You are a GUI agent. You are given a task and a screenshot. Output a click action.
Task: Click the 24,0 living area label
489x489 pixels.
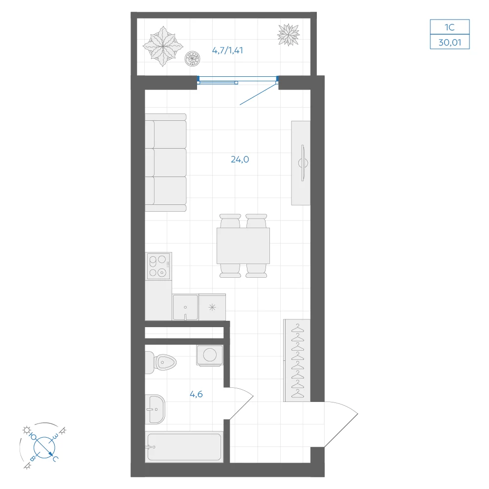(x=240, y=159)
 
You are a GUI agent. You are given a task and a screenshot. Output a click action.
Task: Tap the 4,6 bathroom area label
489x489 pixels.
(x=196, y=394)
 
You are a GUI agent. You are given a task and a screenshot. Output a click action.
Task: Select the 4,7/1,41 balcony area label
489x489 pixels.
(x=227, y=50)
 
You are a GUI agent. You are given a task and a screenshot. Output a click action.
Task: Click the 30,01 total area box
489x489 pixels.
(x=450, y=42)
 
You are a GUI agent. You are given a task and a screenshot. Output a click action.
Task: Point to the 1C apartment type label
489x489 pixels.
(x=450, y=27)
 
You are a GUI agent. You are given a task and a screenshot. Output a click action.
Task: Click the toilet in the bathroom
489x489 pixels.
(x=160, y=362)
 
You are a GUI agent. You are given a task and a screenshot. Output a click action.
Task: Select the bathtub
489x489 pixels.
(x=184, y=447)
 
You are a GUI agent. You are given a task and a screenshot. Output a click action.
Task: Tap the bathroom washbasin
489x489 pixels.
(x=155, y=409)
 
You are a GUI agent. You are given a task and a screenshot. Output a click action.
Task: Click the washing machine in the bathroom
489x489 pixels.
(x=210, y=355)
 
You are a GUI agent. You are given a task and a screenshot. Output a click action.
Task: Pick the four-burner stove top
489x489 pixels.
(x=159, y=266)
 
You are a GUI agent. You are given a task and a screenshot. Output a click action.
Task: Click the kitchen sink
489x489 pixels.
(x=185, y=307)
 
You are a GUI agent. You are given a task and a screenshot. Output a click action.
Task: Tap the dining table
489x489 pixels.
(x=243, y=246)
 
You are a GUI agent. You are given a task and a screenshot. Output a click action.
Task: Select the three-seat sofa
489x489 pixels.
(x=166, y=162)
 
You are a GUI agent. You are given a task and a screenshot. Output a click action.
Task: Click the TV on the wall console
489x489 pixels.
(x=303, y=163)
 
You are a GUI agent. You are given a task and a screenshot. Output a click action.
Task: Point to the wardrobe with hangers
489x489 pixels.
(x=297, y=360)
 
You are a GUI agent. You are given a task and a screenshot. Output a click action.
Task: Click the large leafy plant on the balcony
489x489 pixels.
(x=163, y=46)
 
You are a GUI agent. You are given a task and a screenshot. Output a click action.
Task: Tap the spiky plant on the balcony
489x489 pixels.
(x=289, y=35)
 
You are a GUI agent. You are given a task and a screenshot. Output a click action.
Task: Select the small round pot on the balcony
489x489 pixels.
(x=192, y=58)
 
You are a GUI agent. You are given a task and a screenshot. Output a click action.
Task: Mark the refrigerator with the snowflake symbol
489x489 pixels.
(x=212, y=307)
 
